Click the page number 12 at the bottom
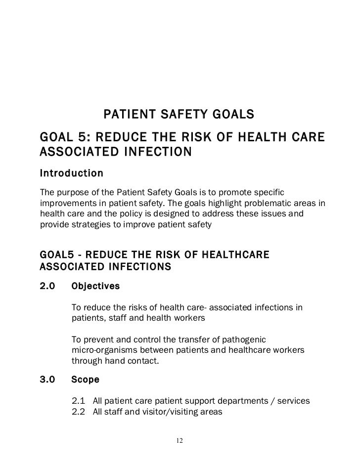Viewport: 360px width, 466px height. (x=180, y=441)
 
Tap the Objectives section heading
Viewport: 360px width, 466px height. (x=95, y=286)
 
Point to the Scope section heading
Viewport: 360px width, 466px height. (x=85, y=380)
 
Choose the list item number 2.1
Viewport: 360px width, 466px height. (x=79, y=401)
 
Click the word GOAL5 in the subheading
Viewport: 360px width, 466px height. (x=55, y=255)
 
